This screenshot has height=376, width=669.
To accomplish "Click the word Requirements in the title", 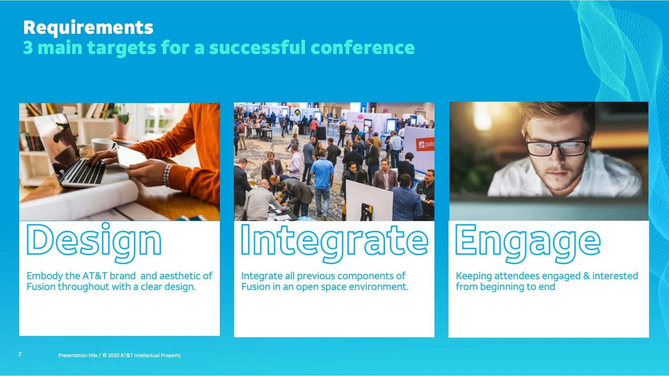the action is tap(88, 28).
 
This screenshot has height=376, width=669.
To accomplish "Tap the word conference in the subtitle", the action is tap(363, 48).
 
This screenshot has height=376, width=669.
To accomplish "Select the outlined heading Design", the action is tap(94, 242).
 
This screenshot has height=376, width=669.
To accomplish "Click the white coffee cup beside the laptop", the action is tap(103, 146).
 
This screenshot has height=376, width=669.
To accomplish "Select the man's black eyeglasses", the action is tap(556, 147).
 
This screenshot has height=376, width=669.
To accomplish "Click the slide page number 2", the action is tap(20, 354).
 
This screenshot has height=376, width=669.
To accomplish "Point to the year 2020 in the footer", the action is tap(113, 356).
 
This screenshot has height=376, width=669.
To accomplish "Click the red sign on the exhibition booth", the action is tap(425, 144).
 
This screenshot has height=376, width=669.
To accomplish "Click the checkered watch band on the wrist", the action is tap(167, 175).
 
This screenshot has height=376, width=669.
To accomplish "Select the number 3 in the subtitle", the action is tap(28, 48).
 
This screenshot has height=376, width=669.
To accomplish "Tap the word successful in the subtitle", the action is tap(258, 48).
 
